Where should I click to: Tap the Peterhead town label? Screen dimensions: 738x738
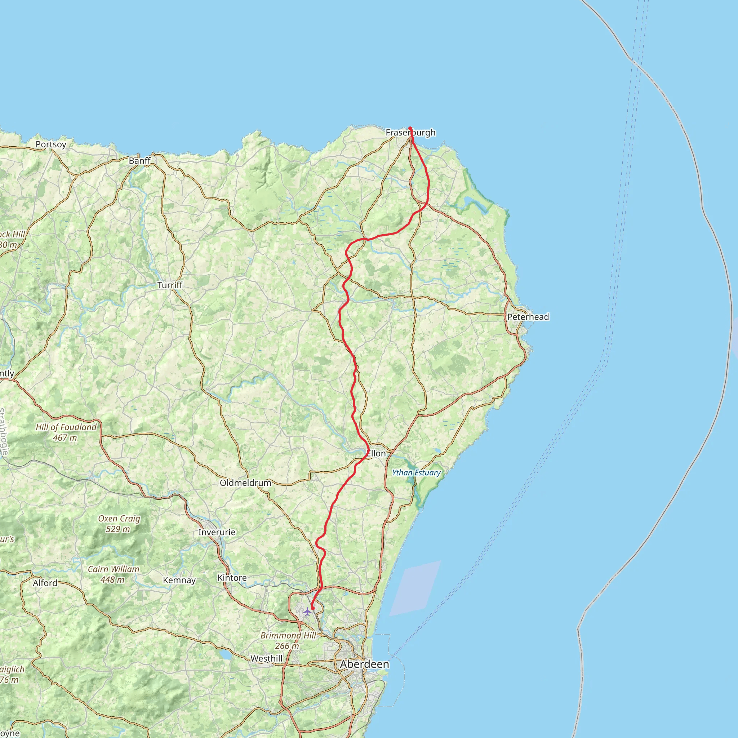tap(528, 317)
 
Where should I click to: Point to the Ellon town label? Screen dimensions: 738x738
tap(376, 453)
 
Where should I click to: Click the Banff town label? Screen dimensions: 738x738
tap(139, 160)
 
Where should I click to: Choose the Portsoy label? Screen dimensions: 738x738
tap(51, 145)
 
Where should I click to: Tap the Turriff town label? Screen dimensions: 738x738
tap(170, 285)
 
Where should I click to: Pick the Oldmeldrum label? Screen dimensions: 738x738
tap(245, 483)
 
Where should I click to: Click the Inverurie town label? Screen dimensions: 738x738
tap(217, 532)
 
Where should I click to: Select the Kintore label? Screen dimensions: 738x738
tap(232, 578)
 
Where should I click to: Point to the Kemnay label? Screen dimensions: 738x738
tap(179, 580)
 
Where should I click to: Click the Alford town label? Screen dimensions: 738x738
tap(45, 583)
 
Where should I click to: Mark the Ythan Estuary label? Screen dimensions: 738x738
tap(416, 472)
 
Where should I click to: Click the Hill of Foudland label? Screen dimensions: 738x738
tap(66, 427)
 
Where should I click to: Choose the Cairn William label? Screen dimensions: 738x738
tap(114, 569)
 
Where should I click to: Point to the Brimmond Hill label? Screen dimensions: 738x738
tap(288, 635)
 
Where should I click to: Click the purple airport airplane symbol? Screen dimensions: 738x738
tap(307, 612)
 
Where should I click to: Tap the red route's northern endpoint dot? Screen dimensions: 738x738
tap(410, 128)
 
